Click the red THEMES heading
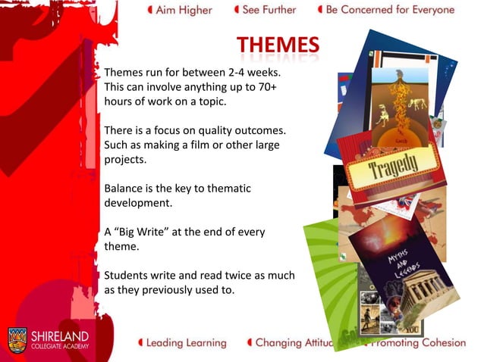click(x=277, y=47)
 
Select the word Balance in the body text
click(x=124, y=188)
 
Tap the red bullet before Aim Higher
click(x=150, y=11)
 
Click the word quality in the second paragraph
click(x=200, y=130)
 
